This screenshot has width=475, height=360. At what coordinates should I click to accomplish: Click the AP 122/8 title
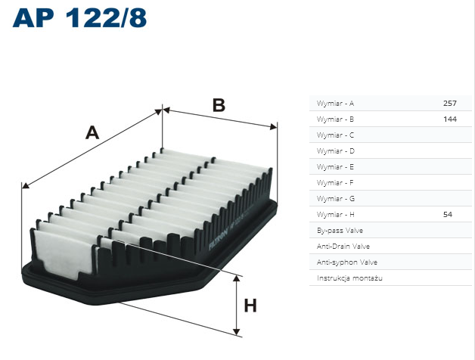tap(79, 18)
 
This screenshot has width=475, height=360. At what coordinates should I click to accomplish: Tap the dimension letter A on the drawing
tap(92, 132)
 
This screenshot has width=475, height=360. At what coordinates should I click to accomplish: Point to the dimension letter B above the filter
tap(219, 105)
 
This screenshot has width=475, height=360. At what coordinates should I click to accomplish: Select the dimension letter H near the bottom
tap(250, 306)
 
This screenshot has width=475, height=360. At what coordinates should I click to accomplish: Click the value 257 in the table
tap(450, 104)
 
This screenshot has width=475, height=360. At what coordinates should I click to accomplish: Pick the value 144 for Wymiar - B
tap(450, 119)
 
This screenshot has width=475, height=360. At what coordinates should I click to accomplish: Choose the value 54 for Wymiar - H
tap(448, 215)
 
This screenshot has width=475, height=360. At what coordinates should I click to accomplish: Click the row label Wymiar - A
tap(335, 104)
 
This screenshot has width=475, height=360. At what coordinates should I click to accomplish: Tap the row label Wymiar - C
tap(335, 135)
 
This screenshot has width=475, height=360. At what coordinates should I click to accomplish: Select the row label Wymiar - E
tap(335, 167)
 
